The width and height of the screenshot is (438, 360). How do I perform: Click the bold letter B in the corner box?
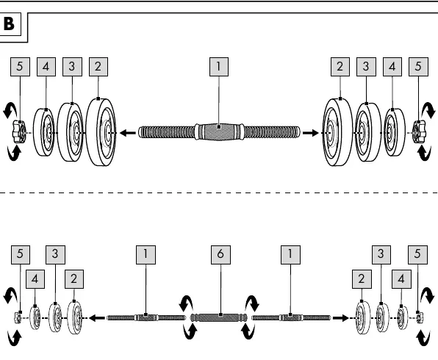click(9, 24)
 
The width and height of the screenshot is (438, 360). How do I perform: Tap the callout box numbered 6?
click(220, 255)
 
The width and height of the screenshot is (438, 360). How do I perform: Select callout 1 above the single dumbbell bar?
click(219, 67)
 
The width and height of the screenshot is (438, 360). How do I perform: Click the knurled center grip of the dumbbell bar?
click(219, 132)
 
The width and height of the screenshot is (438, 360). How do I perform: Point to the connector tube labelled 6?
click(219, 317)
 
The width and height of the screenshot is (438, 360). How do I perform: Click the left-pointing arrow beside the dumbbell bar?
click(128, 133)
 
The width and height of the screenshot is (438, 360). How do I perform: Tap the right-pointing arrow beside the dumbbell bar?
click(310, 133)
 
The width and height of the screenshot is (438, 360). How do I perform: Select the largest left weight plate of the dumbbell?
click(101, 132)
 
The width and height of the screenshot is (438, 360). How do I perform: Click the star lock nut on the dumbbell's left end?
click(18, 132)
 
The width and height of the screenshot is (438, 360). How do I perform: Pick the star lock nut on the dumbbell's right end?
click(420, 132)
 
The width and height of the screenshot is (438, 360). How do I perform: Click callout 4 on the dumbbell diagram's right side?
click(392, 67)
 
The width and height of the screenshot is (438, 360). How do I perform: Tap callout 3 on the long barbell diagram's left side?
click(55, 255)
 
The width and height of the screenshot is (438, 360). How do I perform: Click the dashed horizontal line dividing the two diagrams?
click(219, 192)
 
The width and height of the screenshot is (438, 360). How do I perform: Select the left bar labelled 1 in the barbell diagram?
click(146, 318)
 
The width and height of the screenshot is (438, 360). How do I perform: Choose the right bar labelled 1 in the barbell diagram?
click(291, 318)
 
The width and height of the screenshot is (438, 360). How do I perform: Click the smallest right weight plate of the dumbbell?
click(395, 132)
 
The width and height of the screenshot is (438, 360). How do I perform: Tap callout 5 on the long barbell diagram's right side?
click(417, 255)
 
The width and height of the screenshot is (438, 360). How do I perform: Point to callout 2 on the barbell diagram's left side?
click(74, 279)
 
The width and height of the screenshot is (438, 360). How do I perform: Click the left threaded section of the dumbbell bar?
click(167, 132)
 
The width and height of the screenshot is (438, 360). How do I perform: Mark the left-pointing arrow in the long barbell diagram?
click(97, 318)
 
